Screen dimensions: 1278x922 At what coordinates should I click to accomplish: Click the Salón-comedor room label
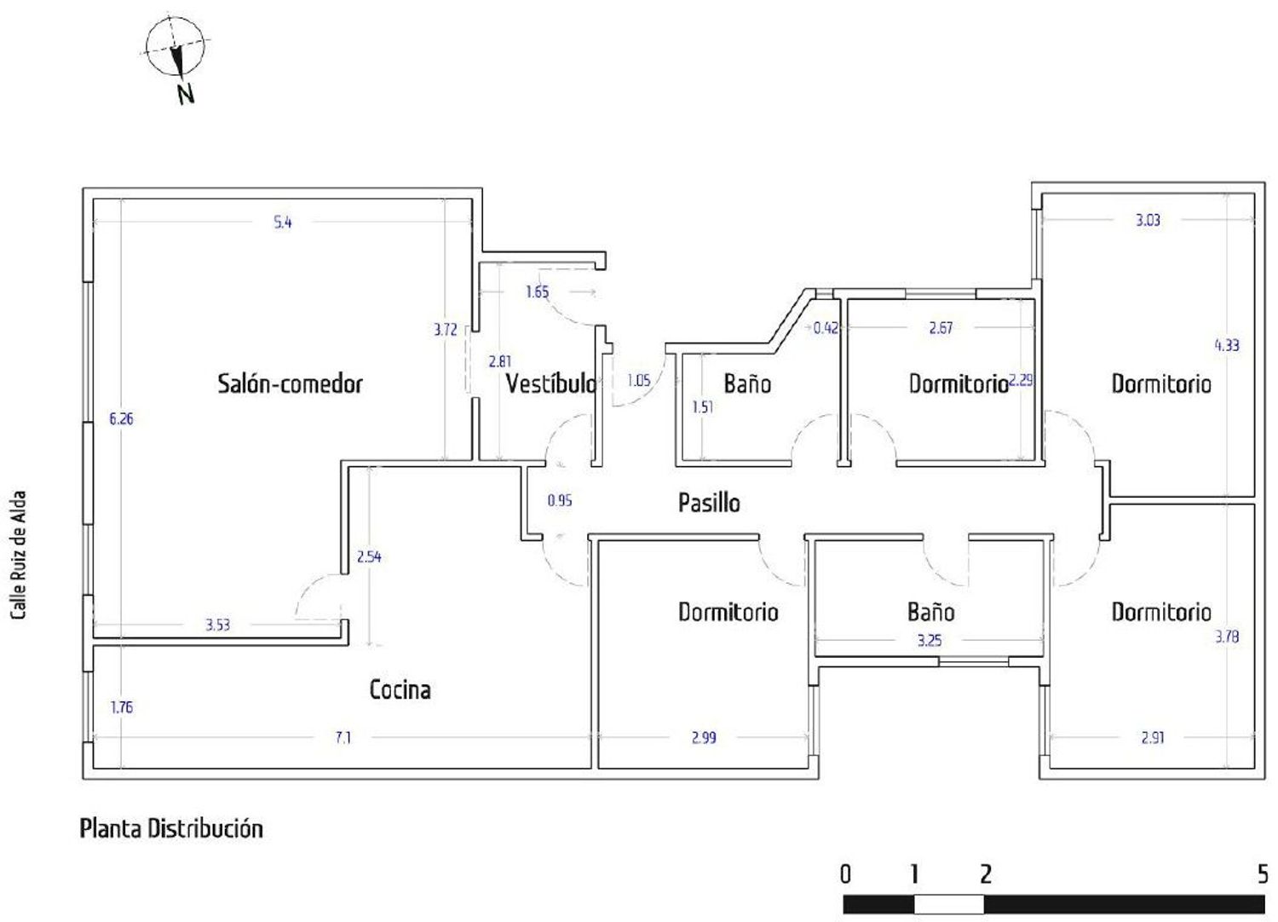pyautogui.click(x=290, y=383)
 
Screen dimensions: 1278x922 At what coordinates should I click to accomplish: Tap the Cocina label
pyautogui.click(x=400, y=689)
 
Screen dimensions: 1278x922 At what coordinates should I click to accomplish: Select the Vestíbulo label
pyautogui.click(x=551, y=383)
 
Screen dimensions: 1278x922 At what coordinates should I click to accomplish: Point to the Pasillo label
pyautogui.click(x=709, y=503)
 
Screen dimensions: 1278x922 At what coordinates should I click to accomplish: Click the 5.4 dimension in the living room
pyautogui.click(x=283, y=222)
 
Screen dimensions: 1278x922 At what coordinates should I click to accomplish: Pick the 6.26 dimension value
pyautogui.click(x=122, y=418)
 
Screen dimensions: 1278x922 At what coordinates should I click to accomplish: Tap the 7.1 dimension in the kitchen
pyautogui.click(x=343, y=738)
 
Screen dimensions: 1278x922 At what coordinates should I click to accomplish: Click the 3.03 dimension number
pyautogui.click(x=1148, y=220)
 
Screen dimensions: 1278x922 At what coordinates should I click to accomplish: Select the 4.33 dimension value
pyautogui.click(x=1227, y=345)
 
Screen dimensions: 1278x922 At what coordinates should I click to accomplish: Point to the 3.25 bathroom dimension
pyautogui.click(x=930, y=641)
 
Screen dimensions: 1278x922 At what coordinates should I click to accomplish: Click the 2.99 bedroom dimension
pyautogui.click(x=704, y=738)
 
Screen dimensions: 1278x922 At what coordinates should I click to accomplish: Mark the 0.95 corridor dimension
pyautogui.click(x=560, y=500)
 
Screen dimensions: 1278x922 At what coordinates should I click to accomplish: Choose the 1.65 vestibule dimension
pyautogui.click(x=537, y=292)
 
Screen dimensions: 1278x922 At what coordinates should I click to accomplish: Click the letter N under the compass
pyautogui.click(x=186, y=94)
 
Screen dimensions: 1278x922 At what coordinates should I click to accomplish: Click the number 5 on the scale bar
pyautogui.click(x=1263, y=874)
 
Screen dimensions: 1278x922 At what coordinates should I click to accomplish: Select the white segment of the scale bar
pyautogui.click(x=949, y=904)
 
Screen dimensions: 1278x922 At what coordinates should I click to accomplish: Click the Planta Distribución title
pyautogui.click(x=171, y=829)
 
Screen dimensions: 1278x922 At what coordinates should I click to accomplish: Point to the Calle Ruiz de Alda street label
pyautogui.click(x=19, y=555)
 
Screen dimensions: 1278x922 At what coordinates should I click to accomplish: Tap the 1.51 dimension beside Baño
pyautogui.click(x=702, y=406)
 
